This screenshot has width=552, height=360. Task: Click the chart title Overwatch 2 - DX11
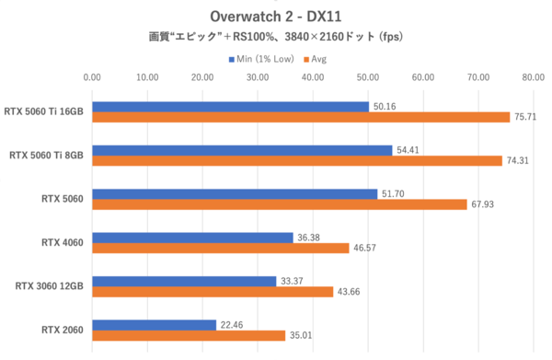(x=276, y=17)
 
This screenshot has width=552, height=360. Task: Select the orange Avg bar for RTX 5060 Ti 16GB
(x=300, y=117)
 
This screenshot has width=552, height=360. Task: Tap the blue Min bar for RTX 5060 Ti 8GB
(x=242, y=149)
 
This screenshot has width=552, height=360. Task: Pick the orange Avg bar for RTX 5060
(x=279, y=203)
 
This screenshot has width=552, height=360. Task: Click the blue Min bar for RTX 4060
(x=192, y=237)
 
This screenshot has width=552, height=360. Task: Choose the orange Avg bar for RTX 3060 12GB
(x=213, y=291)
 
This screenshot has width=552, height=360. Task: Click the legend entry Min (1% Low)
(x=263, y=59)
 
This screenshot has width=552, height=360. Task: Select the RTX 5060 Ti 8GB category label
(x=46, y=155)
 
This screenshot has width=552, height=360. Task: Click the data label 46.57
(x=366, y=248)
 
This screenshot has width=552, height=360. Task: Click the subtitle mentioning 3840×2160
(x=276, y=38)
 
